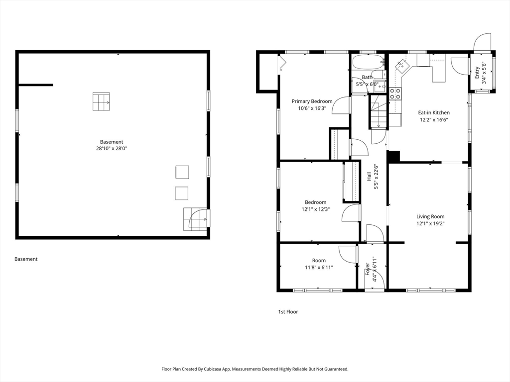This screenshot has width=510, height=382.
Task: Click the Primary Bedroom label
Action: [x=312, y=101]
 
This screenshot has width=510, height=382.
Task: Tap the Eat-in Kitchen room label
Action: [x=434, y=113]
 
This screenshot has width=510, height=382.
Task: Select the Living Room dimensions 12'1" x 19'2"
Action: [x=430, y=223]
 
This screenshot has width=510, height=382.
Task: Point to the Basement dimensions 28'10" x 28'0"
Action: [x=112, y=148]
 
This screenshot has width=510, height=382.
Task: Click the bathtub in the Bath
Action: [x=368, y=62]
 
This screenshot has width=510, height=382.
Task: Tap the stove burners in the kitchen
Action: [x=395, y=94]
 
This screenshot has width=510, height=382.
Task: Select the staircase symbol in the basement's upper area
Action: [x=101, y=101]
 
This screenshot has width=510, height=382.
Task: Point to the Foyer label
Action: [x=368, y=269]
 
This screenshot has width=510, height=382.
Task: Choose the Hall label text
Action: [x=369, y=177]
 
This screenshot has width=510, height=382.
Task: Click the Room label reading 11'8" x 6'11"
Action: [x=319, y=264]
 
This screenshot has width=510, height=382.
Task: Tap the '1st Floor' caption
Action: [x=288, y=312]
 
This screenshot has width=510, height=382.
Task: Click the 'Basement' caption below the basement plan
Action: [x=26, y=259]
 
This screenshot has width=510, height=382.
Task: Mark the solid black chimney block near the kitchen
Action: [x=393, y=156]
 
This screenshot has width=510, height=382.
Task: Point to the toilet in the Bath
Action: [x=379, y=75]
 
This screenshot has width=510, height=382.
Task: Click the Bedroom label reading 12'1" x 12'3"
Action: [x=315, y=205]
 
